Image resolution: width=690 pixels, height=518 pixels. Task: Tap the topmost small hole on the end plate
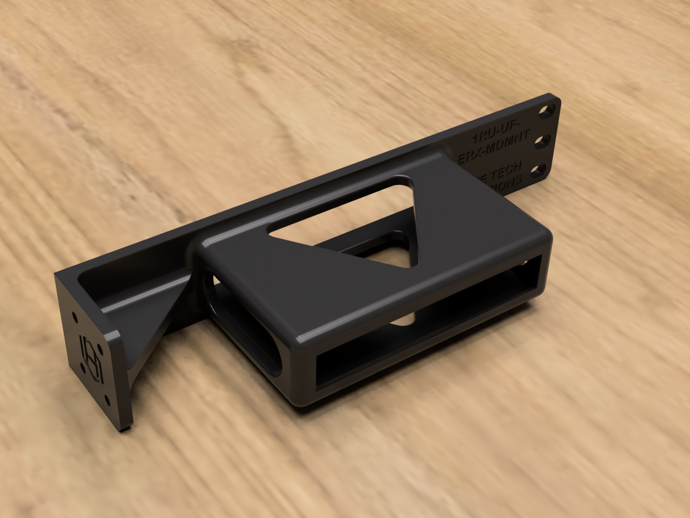75,316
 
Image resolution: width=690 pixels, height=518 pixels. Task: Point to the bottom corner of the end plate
123,429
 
